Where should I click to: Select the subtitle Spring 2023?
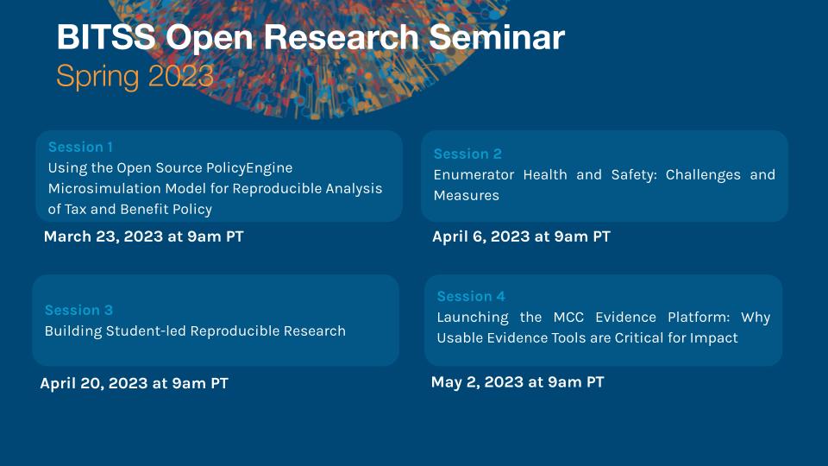[x=135, y=76]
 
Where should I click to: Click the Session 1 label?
[x=80, y=147]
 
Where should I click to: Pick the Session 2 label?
[x=467, y=154]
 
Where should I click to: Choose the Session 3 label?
[x=78, y=310]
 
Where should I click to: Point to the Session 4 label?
[x=471, y=296]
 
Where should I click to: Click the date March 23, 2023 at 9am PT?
[x=143, y=236]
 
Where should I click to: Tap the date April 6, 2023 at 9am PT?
[x=521, y=236]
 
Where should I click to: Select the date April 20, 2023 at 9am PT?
[x=134, y=383]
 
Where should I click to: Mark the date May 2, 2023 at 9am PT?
[x=517, y=382]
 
